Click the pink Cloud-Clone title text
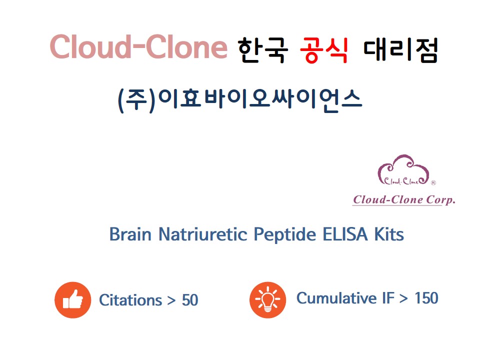click(x=138, y=46)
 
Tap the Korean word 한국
click(x=262, y=50)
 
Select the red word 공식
click(x=324, y=50)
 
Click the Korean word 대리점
click(x=400, y=50)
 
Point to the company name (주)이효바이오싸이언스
click(x=240, y=100)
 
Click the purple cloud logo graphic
click(x=403, y=170)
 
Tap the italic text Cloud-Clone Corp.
click(x=404, y=199)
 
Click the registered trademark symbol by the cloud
click(x=433, y=183)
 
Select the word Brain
click(x=130, y=234)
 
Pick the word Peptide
click(x=285, y=235)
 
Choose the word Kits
click(x=389, y=234)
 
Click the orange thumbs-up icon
click(x=73, y=300)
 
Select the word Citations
click(x=130, y=300)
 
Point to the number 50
click(x=190, y=300)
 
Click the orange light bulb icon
click(x=268, y=300)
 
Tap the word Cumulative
click(x=336, y=298)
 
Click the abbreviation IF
click(x=388, y=298)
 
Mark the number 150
click(x=426, y=298)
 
